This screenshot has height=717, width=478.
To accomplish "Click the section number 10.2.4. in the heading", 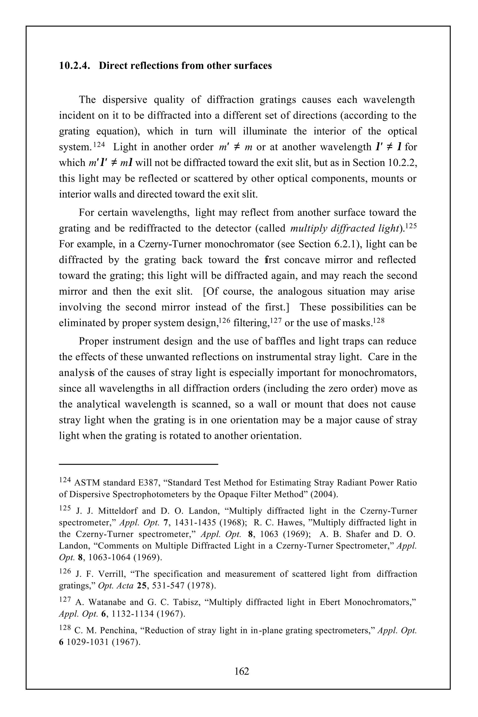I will coord(74,66).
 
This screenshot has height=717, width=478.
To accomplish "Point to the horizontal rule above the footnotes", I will coord(138,464).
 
